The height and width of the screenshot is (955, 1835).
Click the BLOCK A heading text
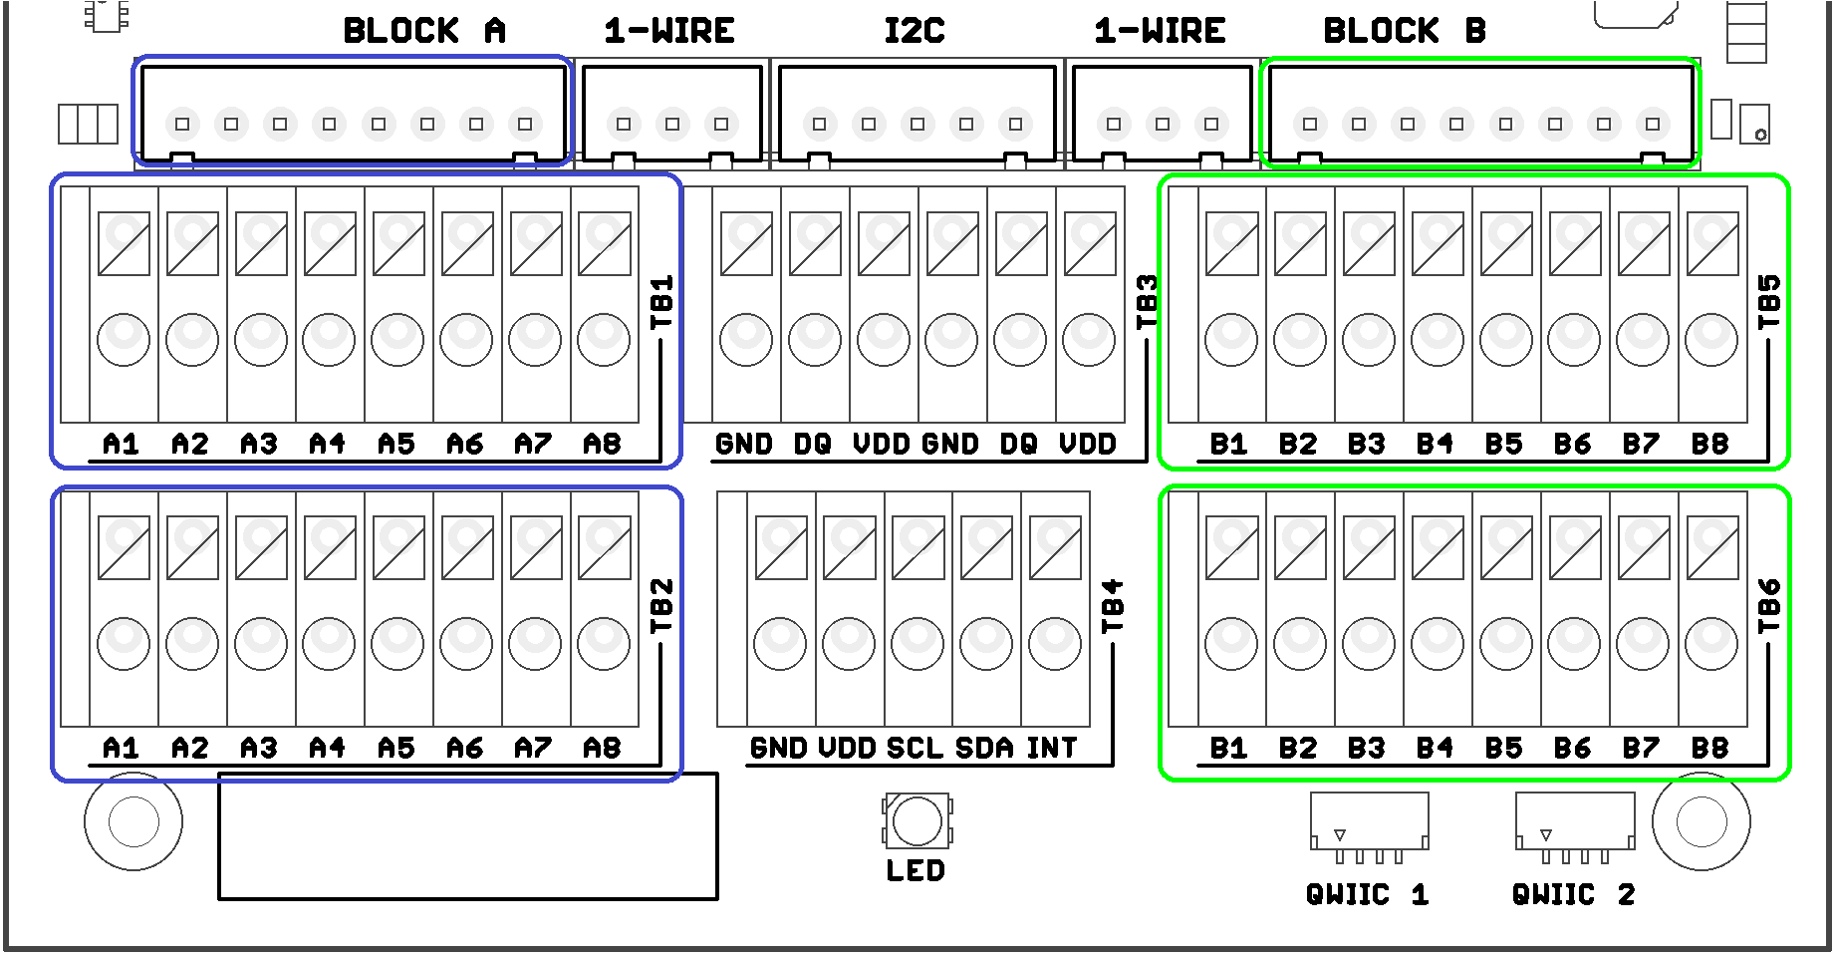tap(424, 31)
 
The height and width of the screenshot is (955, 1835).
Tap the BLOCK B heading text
tap(1405, 31)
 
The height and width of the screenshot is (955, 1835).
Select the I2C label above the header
tap(915, 31)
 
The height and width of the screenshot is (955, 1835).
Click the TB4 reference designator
tap(1113, 605)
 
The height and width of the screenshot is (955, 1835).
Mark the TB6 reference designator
tap(1769, 605)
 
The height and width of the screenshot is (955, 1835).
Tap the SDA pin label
tap(984, 748)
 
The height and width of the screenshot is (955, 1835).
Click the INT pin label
tap(1052, 748)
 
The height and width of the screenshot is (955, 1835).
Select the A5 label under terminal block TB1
tap(396, 444)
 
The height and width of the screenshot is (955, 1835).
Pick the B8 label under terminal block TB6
tap(1709, 748)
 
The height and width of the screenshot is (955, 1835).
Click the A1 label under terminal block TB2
tap(122, 748)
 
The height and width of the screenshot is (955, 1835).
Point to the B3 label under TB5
tap(1367, 444)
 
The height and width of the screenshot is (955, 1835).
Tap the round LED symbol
tap(917, 820)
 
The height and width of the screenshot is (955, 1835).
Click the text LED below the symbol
tap(916, 870)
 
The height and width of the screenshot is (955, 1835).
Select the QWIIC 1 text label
tap(1367, 894)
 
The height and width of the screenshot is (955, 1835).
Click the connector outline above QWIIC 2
tap(1574, 820)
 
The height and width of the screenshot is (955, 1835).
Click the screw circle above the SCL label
tap(917, 643)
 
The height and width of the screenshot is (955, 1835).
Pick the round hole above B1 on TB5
tap(1231, 339)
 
